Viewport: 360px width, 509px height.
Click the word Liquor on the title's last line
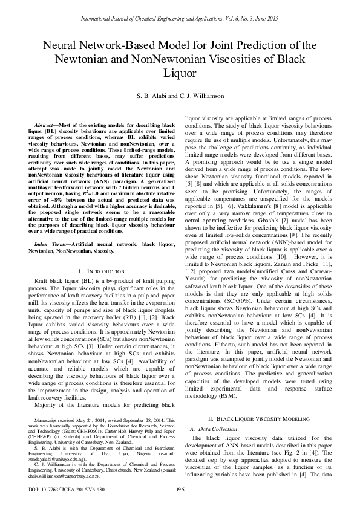coord(180,74)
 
